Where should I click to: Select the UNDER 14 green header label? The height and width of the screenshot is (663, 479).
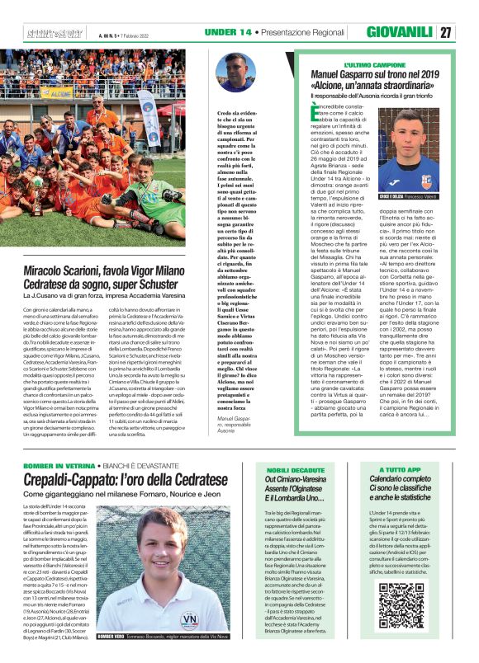tap(229, 31)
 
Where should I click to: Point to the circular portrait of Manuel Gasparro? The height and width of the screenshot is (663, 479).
tap(236, 73)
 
